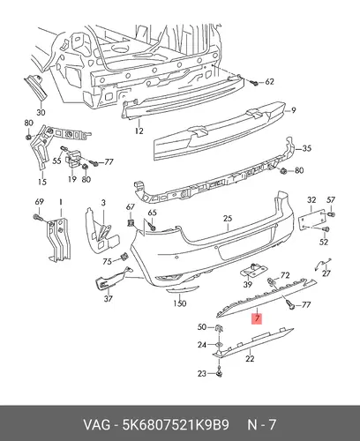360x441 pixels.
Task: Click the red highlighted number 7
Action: pos(257,318)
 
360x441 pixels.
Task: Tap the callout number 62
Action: pos(269,82)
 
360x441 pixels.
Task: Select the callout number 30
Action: pos(41,112)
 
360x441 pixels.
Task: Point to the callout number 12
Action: pos(139,131)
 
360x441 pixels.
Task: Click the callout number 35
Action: pos(306,148)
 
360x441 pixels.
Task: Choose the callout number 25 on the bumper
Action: pos(228,219)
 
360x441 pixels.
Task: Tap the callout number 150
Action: pos(179,303)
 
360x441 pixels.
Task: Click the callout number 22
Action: pos(250,359)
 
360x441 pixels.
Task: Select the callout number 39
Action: pos(248,284)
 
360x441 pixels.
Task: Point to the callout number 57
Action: pos(331,200)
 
